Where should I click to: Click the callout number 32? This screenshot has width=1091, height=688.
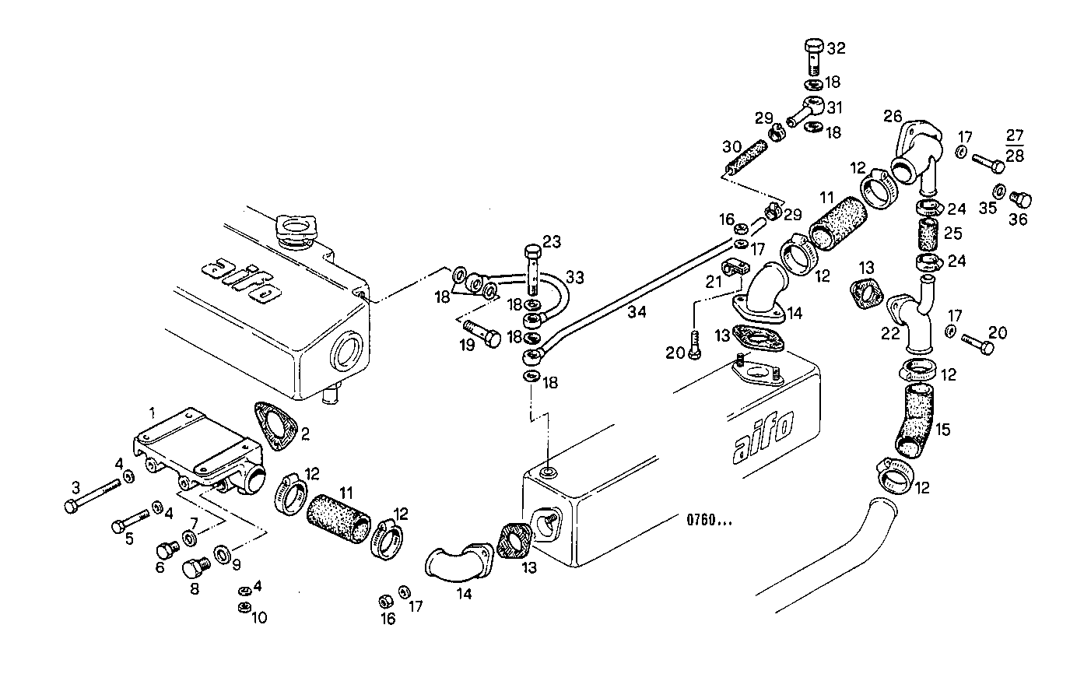[x=836, y=48]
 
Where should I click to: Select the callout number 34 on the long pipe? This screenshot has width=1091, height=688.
[x=637, y=313]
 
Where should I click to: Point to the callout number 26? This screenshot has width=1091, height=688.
[x=892, y=116]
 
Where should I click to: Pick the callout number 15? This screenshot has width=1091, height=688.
[x=942, y=429]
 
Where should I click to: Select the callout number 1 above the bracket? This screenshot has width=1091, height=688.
[x=153, y=410]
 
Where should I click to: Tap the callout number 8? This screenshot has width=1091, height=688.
[x=194, y=589]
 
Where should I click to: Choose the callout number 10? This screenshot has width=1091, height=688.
[x=258, y=618]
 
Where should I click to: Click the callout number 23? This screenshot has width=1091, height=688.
[x=551, y=241]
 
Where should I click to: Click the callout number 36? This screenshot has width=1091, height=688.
[x=1018, y=219]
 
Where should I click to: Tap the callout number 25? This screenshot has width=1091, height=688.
[x=953, y=233]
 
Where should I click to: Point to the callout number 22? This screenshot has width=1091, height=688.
[x=890, y=333]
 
